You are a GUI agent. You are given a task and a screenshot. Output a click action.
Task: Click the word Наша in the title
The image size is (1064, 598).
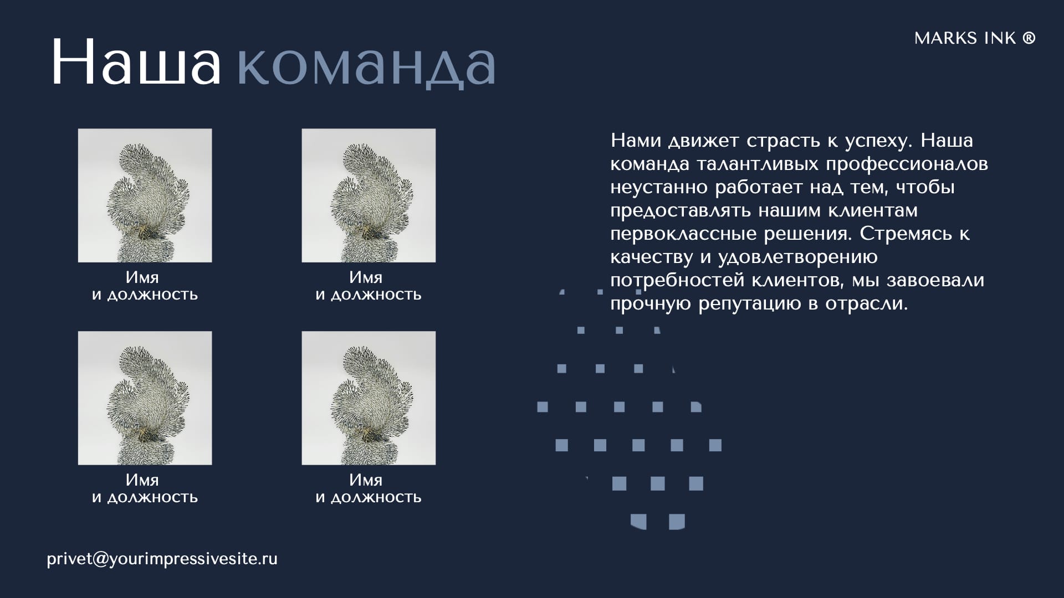pos(136,62)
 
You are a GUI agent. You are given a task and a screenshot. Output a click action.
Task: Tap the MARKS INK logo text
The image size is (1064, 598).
pos(965,38)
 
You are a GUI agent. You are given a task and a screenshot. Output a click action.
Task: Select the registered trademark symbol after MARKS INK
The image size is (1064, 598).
pos(1029,38)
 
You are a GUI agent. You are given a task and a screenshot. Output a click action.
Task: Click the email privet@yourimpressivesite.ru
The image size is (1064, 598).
pos(162,559)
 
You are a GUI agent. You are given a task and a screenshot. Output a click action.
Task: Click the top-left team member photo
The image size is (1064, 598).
pos(145,195)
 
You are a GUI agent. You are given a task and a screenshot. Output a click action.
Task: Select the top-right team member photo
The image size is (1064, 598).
pos(369,195)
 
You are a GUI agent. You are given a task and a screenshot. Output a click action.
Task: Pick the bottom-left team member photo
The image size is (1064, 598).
pos(145,398)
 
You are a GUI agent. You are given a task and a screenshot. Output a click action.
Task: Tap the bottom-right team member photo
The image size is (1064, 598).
pos(369,398)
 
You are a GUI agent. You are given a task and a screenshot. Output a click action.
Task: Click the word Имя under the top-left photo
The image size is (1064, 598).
pos(142,277)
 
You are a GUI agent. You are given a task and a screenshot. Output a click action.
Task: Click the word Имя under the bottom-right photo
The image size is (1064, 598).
pos(366,480)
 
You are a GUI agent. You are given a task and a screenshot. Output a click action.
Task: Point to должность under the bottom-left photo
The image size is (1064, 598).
pos(152,498)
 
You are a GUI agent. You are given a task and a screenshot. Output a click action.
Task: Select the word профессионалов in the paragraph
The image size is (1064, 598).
pos(907,164)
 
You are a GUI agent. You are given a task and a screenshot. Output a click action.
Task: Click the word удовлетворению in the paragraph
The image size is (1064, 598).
pos(798,257)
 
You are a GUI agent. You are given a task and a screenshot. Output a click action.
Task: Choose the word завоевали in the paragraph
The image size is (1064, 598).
pos(935,281)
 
